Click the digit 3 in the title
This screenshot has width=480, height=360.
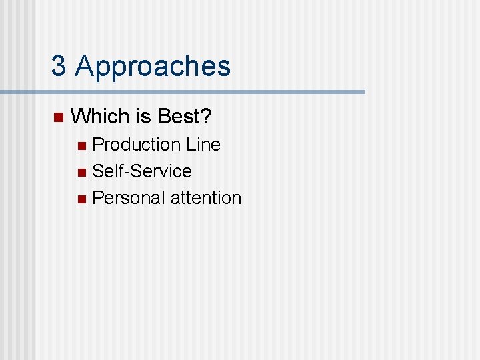coord(59,67)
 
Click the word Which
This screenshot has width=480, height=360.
coord(100,117)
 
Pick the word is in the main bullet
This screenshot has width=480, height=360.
coord(144,117)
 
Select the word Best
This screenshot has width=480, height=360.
coord(179,117)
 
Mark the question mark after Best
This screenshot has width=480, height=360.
coord(207,117)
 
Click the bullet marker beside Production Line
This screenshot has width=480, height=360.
coord(81,145)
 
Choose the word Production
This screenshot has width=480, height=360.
coord(137,145)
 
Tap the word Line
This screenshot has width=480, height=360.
coord(203,145)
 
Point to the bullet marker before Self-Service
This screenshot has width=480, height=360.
coord(81,172)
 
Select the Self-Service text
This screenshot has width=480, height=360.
coord(142,171)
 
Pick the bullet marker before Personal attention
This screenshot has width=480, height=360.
coord(81,199)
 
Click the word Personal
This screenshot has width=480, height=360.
coord(129,198)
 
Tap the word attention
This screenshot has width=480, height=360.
coord(206,198)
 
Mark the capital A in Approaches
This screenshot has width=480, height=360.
coord(85,67)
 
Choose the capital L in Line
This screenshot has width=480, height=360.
coord(191,145)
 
